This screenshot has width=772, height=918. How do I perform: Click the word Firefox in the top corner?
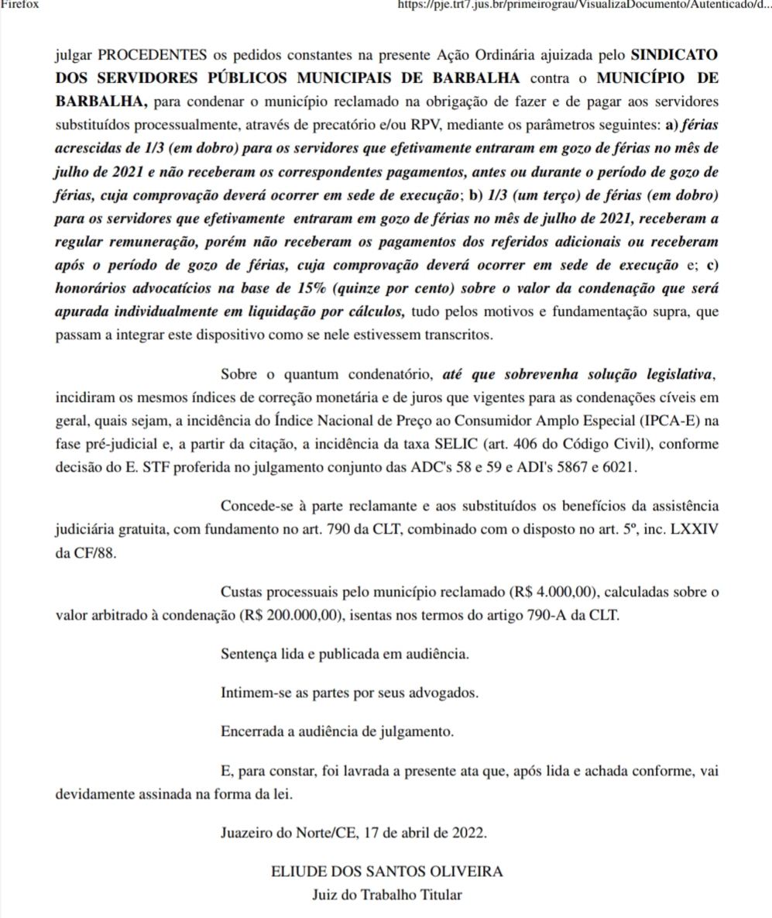click(x=19, y=4)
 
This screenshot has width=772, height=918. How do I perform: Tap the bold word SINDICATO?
click(x=674, y=57)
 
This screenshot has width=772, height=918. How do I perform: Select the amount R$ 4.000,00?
click(x=553, y=593)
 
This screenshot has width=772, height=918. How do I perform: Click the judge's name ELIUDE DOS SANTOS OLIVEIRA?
click(x=387, y=872)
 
